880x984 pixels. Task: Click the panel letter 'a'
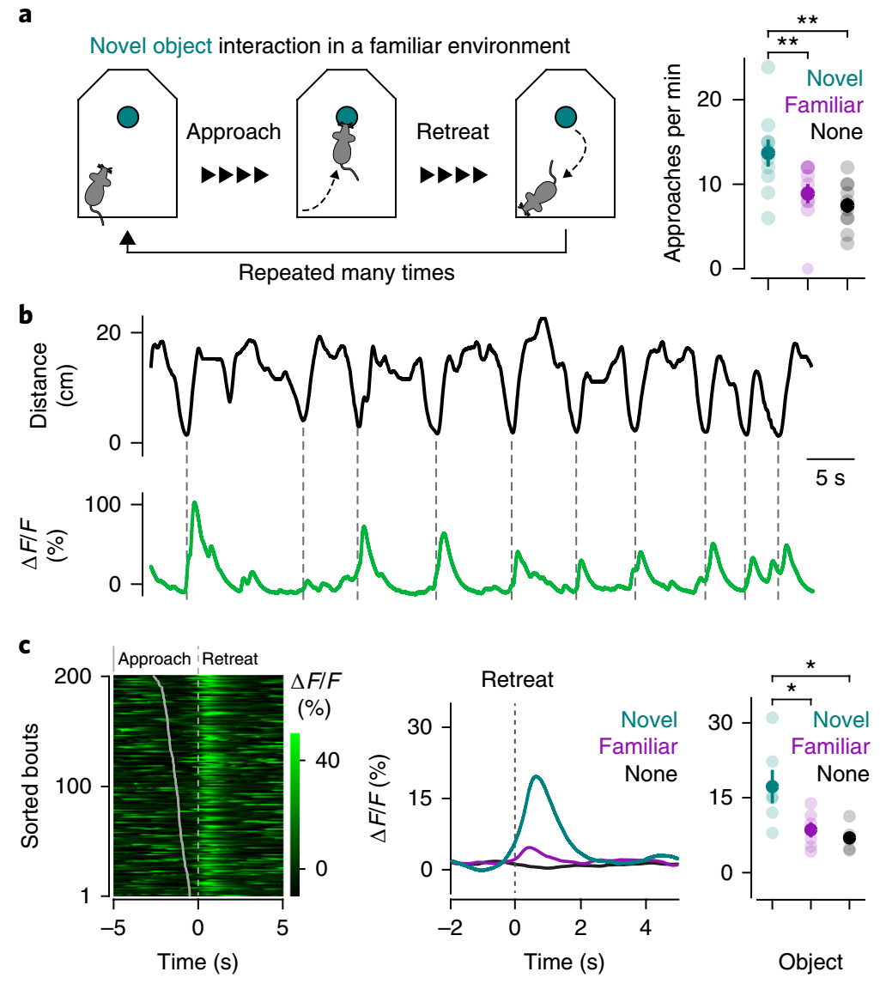tap(26, 14)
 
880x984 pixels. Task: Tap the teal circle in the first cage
tap(128, 117)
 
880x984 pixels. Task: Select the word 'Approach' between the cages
tap(234, 132)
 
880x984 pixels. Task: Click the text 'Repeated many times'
tap(346, 274)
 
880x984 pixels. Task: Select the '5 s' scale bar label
tap(830, 477)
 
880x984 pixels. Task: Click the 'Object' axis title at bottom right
tap(810, 963)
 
